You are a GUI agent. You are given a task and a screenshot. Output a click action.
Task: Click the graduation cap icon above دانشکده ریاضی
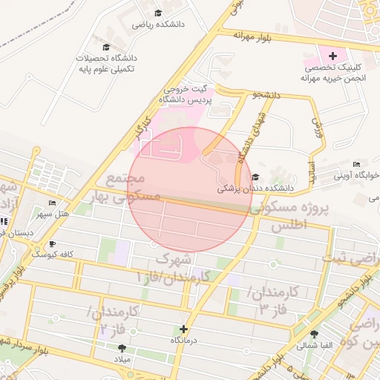(x=158, y=13)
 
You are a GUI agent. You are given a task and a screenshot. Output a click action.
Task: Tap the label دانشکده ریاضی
(x=158, y=24)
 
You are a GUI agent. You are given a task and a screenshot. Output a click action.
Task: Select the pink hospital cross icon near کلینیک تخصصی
(x=332, y=54)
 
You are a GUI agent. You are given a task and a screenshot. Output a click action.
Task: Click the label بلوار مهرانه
(x=255, y=34)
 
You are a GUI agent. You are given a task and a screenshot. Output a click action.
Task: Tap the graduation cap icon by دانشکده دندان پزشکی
(x=255, y=177)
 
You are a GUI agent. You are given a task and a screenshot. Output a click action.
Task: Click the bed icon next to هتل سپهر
(x=51, y=203)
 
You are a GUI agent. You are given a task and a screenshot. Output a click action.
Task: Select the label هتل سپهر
(x=53, y=214)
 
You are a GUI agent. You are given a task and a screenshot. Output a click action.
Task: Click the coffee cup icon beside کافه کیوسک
(x=52, y=243)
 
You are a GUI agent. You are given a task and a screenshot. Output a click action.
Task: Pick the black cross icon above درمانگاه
(x=183, y=328)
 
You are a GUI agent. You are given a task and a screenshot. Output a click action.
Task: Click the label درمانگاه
(x=183, y=339)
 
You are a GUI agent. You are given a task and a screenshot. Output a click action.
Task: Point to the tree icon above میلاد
(x=121, y=348)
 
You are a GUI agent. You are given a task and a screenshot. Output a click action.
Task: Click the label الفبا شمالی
(x=314, y=345)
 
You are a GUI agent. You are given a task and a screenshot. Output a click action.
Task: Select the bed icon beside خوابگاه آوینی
(x=357, y=164)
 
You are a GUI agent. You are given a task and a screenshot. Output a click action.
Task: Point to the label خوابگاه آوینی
(x=356, y=176)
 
